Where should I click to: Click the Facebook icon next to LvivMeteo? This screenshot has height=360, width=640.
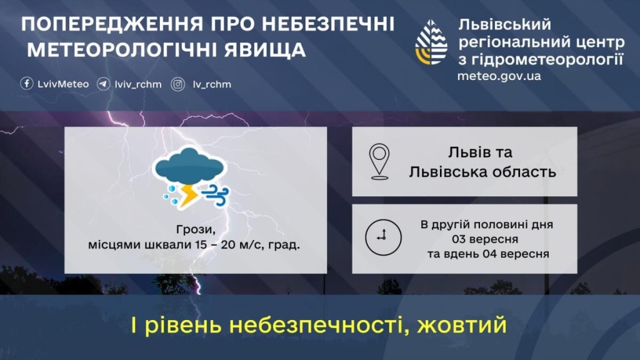click(x=27, y=84)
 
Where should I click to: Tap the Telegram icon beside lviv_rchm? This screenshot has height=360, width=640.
click(x=104, y=84)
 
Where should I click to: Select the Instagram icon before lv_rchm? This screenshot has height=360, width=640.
click(x=178, y=84)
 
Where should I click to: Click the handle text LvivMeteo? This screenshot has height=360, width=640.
click(x=63, y=84)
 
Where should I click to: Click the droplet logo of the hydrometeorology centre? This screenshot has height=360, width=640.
click(x=431, y=42)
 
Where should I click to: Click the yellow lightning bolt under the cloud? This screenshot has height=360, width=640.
click(x=189, y=195)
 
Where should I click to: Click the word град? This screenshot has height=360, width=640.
click(x=287, y=244)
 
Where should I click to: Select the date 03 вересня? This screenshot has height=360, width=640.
click(x=486, y=239)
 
